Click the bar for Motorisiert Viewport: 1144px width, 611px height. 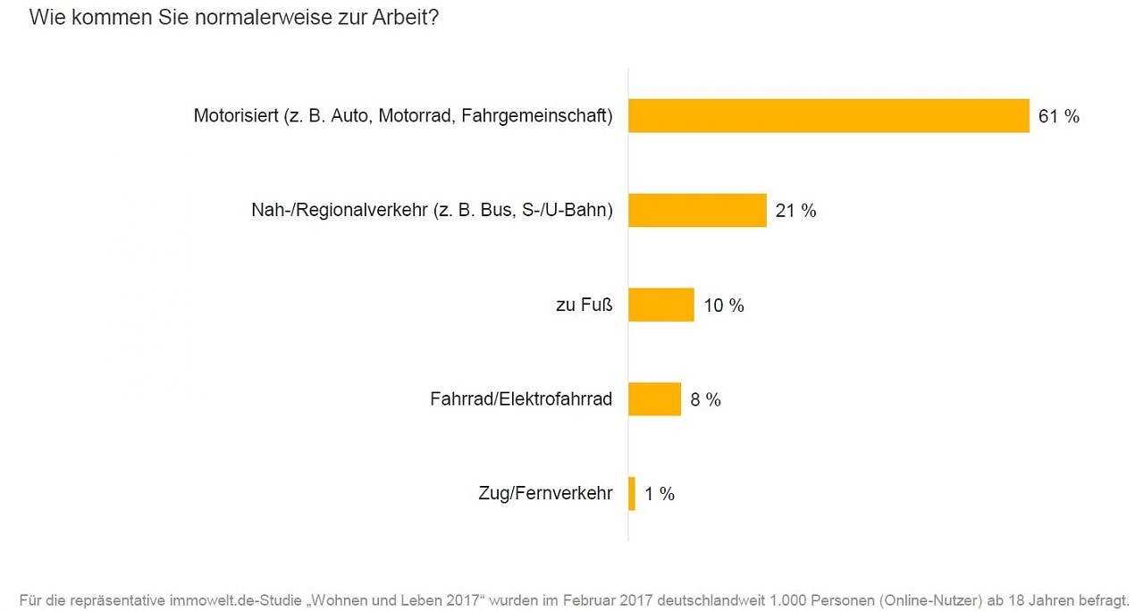pyautogui.click(x=829, y=116)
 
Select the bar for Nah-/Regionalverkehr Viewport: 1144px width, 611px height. pyautogui.click(x=697, y=211)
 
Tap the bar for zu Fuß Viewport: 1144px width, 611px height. pyautogui.click(x=661, y=305)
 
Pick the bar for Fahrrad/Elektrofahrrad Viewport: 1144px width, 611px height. pyautogui.click(x=654, y=399)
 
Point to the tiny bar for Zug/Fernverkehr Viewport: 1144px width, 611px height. pyautogui.click(x=632, y=493)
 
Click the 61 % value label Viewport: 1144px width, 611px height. pyautogui.click(x=1059, y=116)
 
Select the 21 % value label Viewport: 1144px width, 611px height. pyautogui.click(x=795, y=211)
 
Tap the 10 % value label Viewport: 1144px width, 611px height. pyautogui.click(x=724, y=305)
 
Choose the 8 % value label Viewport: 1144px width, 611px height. pyautogui.click(x=706, y=399)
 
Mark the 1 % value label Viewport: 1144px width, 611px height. pyautogui.click(x=660, y=494)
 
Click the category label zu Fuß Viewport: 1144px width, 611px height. pyautogui.click(x=585, y=305)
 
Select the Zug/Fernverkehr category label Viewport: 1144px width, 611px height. pyautogui.click(x=545, y=494)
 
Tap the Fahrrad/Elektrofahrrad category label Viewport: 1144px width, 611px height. pyautogui.click(x=521, y=399)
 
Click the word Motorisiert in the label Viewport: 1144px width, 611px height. pyautogui.click(x=235, y=116)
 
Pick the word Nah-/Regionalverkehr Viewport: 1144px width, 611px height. pyautogui.click(x=340, y=211)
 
